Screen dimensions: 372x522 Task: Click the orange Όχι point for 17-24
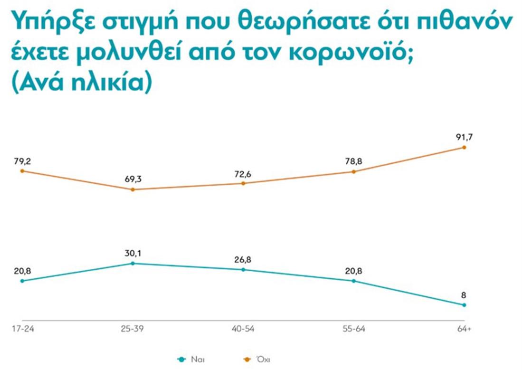point(22,171)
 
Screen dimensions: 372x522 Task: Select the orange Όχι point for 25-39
point(133,189)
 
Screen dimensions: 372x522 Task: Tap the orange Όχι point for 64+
point(464,147)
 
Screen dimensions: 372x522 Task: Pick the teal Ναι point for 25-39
point(133,263)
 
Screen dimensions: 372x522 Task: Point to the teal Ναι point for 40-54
point(243,269)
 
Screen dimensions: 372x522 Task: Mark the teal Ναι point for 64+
point(464,305)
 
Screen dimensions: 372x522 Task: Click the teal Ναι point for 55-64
point(354,281)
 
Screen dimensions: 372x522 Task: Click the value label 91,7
point(464,137)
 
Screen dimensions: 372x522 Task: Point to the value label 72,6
point(243,173)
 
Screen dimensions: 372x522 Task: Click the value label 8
point(464,295)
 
